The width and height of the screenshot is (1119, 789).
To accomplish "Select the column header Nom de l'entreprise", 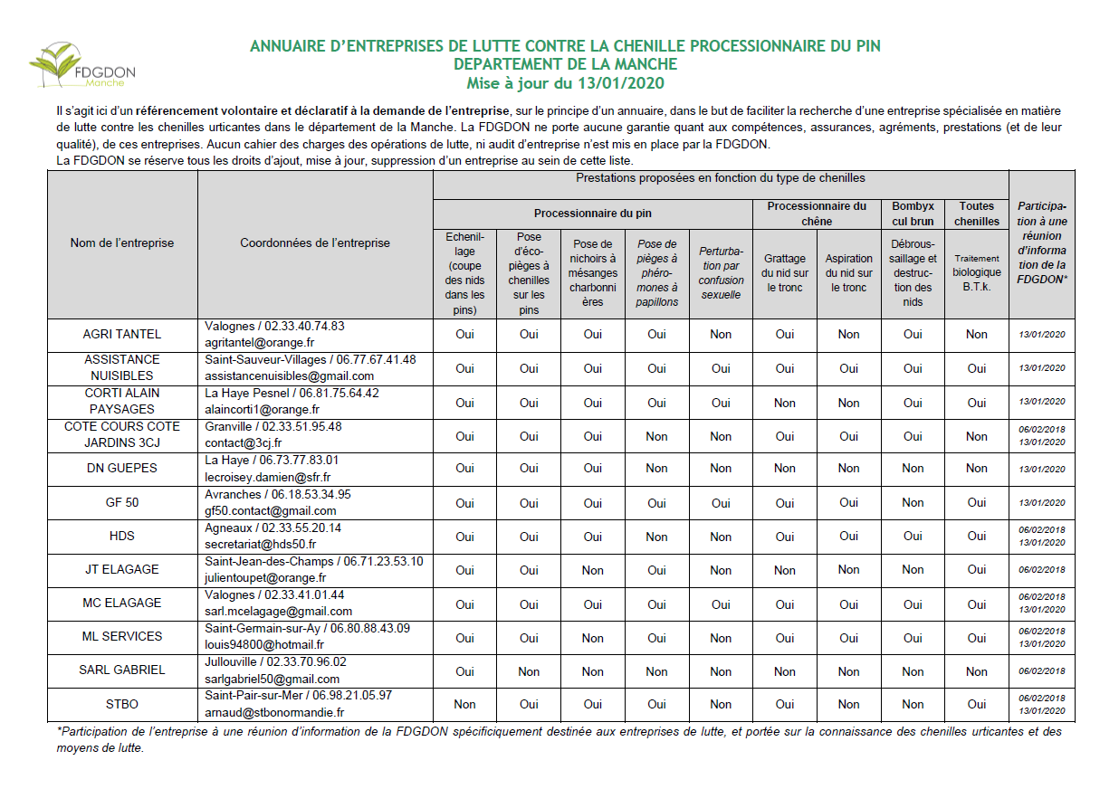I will (x=122, y=242).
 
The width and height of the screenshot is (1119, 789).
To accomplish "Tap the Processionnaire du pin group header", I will (x=592, y=214).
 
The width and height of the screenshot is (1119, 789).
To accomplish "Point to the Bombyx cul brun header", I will (x=913, y=214).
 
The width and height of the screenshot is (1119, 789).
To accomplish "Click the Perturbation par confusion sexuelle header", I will (x=721, y=272).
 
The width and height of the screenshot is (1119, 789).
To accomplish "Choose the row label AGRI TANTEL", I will (x=122, y=334).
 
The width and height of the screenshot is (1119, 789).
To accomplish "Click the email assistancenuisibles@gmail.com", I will (x=289, y=375).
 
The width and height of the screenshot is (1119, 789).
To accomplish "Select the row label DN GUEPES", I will (x=122, y=468).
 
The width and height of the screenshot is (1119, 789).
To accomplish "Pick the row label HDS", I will (x=122, y=536).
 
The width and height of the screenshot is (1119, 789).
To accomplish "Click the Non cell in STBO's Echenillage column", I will (x=464, y=704).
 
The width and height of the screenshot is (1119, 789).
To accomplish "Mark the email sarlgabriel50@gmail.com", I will (x=272, y=679).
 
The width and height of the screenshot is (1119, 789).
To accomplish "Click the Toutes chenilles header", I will (x=977, y=214).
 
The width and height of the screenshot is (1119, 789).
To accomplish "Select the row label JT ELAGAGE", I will (x=122, y=569).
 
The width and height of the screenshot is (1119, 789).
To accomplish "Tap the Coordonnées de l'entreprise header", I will (x=315, y=242).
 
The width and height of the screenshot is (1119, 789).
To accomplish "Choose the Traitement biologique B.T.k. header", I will (x=977, y=272).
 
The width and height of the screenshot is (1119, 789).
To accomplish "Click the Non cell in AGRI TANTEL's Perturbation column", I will (x=721, y=334).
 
